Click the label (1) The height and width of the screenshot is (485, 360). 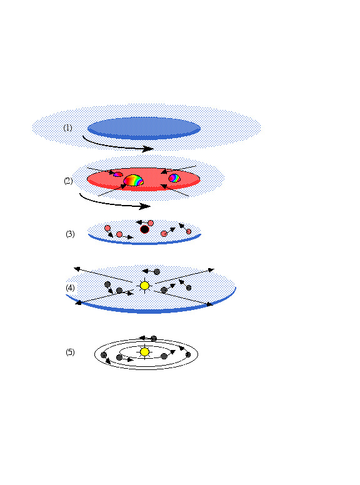[x=67, y=127]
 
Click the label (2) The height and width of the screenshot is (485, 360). [x=68, y=181]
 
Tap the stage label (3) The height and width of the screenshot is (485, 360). [x=70, y=234]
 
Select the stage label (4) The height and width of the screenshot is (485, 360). [x=70, y=288]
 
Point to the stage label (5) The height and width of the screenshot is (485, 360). [x=70, y=352]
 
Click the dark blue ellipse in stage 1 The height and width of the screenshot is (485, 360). [x=144, y=128]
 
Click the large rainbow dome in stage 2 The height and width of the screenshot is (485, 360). [x=134, y=181]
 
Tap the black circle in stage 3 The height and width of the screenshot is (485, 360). [x=144, y=229]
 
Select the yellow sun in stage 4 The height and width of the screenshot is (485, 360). [x=144, y=286]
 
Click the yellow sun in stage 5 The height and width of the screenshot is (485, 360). [x=144, y=352]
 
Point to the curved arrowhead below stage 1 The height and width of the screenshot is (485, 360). [x=148, y=149]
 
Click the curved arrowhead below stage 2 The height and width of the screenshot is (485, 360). [x=145, y=206]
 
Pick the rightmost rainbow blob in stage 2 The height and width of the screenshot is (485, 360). [x=174, y=178]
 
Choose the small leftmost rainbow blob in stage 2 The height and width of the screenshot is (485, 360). [x=118, y=175]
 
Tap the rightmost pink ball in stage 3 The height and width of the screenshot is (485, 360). [x=189, y=231]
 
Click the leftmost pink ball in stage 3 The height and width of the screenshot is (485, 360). [x=107, y=228]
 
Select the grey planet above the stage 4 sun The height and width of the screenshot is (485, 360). [x=157, y=272]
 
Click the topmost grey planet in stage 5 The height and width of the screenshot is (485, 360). [x=154, y=339]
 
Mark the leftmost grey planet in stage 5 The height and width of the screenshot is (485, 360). [x=104, y=355]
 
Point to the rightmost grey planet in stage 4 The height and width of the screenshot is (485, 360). [x=189, y=288]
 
